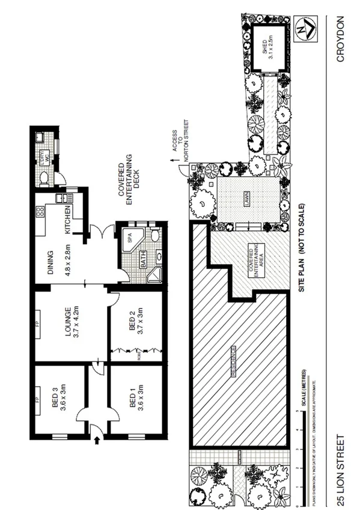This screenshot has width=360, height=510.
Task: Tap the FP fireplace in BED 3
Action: tap(37, 398)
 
